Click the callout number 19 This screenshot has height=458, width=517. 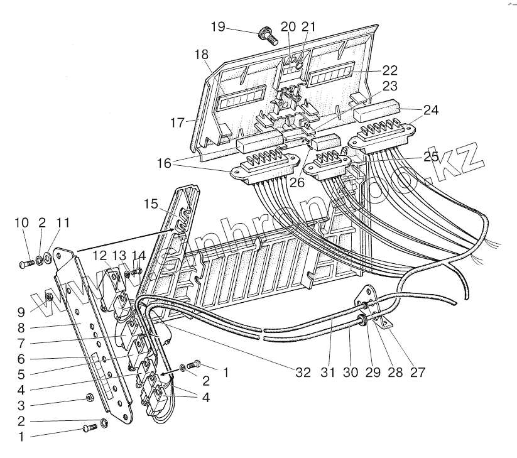pyautogui.click(x=217, y=27)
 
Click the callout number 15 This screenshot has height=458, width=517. pyautogui.click(x=151, y=204)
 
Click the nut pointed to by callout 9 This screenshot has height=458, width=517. pyautogui.click(x=49, y=295)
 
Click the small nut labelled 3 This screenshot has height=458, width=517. pyautogui.click(x=90, y=397)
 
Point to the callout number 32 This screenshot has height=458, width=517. pyautogui.click(x=303, y=372)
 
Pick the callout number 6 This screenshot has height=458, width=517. pyautogui.click(x=21, y=359)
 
